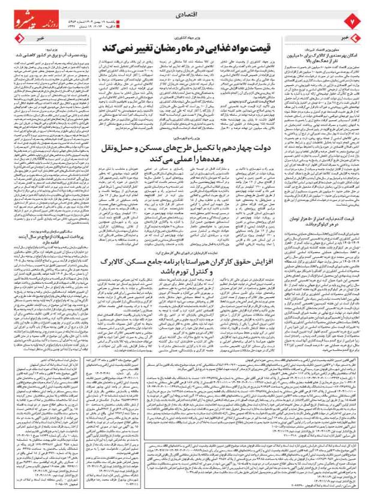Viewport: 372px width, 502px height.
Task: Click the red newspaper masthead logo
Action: click(39, 12)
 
